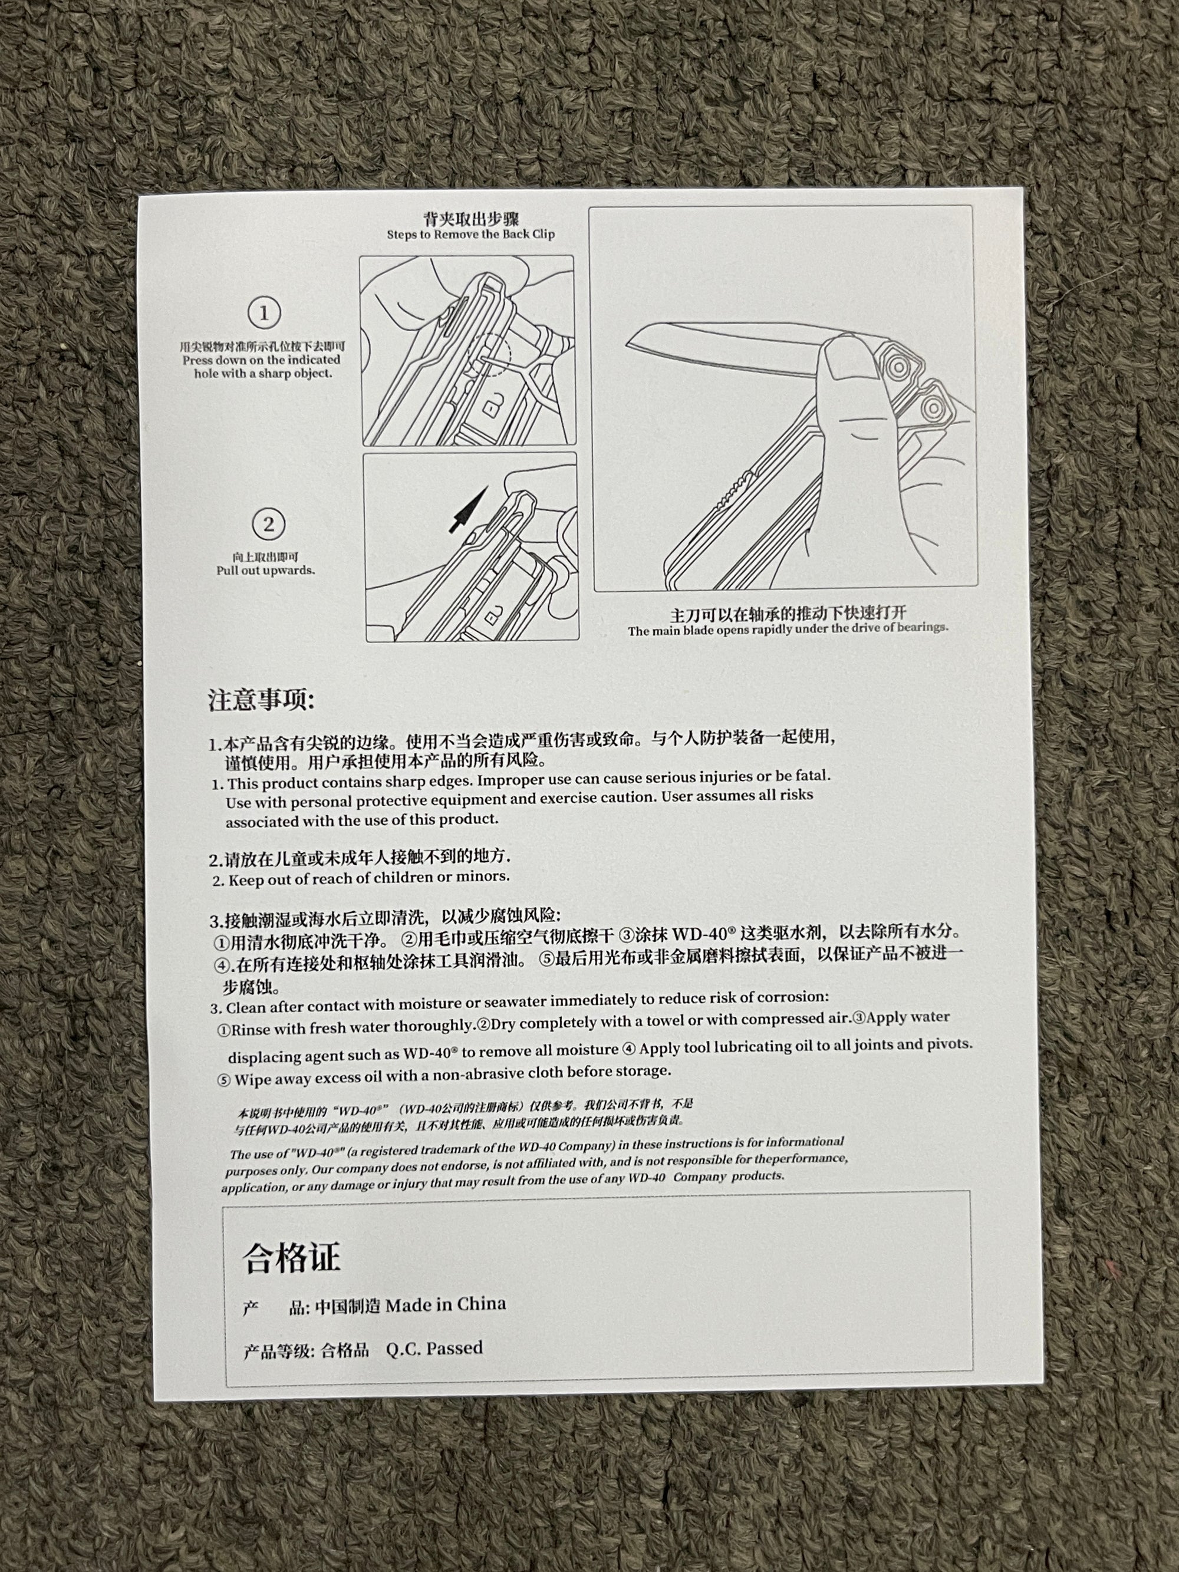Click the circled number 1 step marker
click(x=264, y=313)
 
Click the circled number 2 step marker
click(x=269, y=525)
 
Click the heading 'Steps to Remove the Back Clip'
click(x=470, y=235)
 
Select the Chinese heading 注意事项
click(x=261, y=700)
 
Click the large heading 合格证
click(x=291, y=1257)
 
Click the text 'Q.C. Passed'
click(x=434, y=1348)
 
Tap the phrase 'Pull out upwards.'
click(x=266, y=571)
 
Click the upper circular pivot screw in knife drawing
click(x=898, y=367)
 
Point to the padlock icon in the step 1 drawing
click(x=491, y=408)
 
